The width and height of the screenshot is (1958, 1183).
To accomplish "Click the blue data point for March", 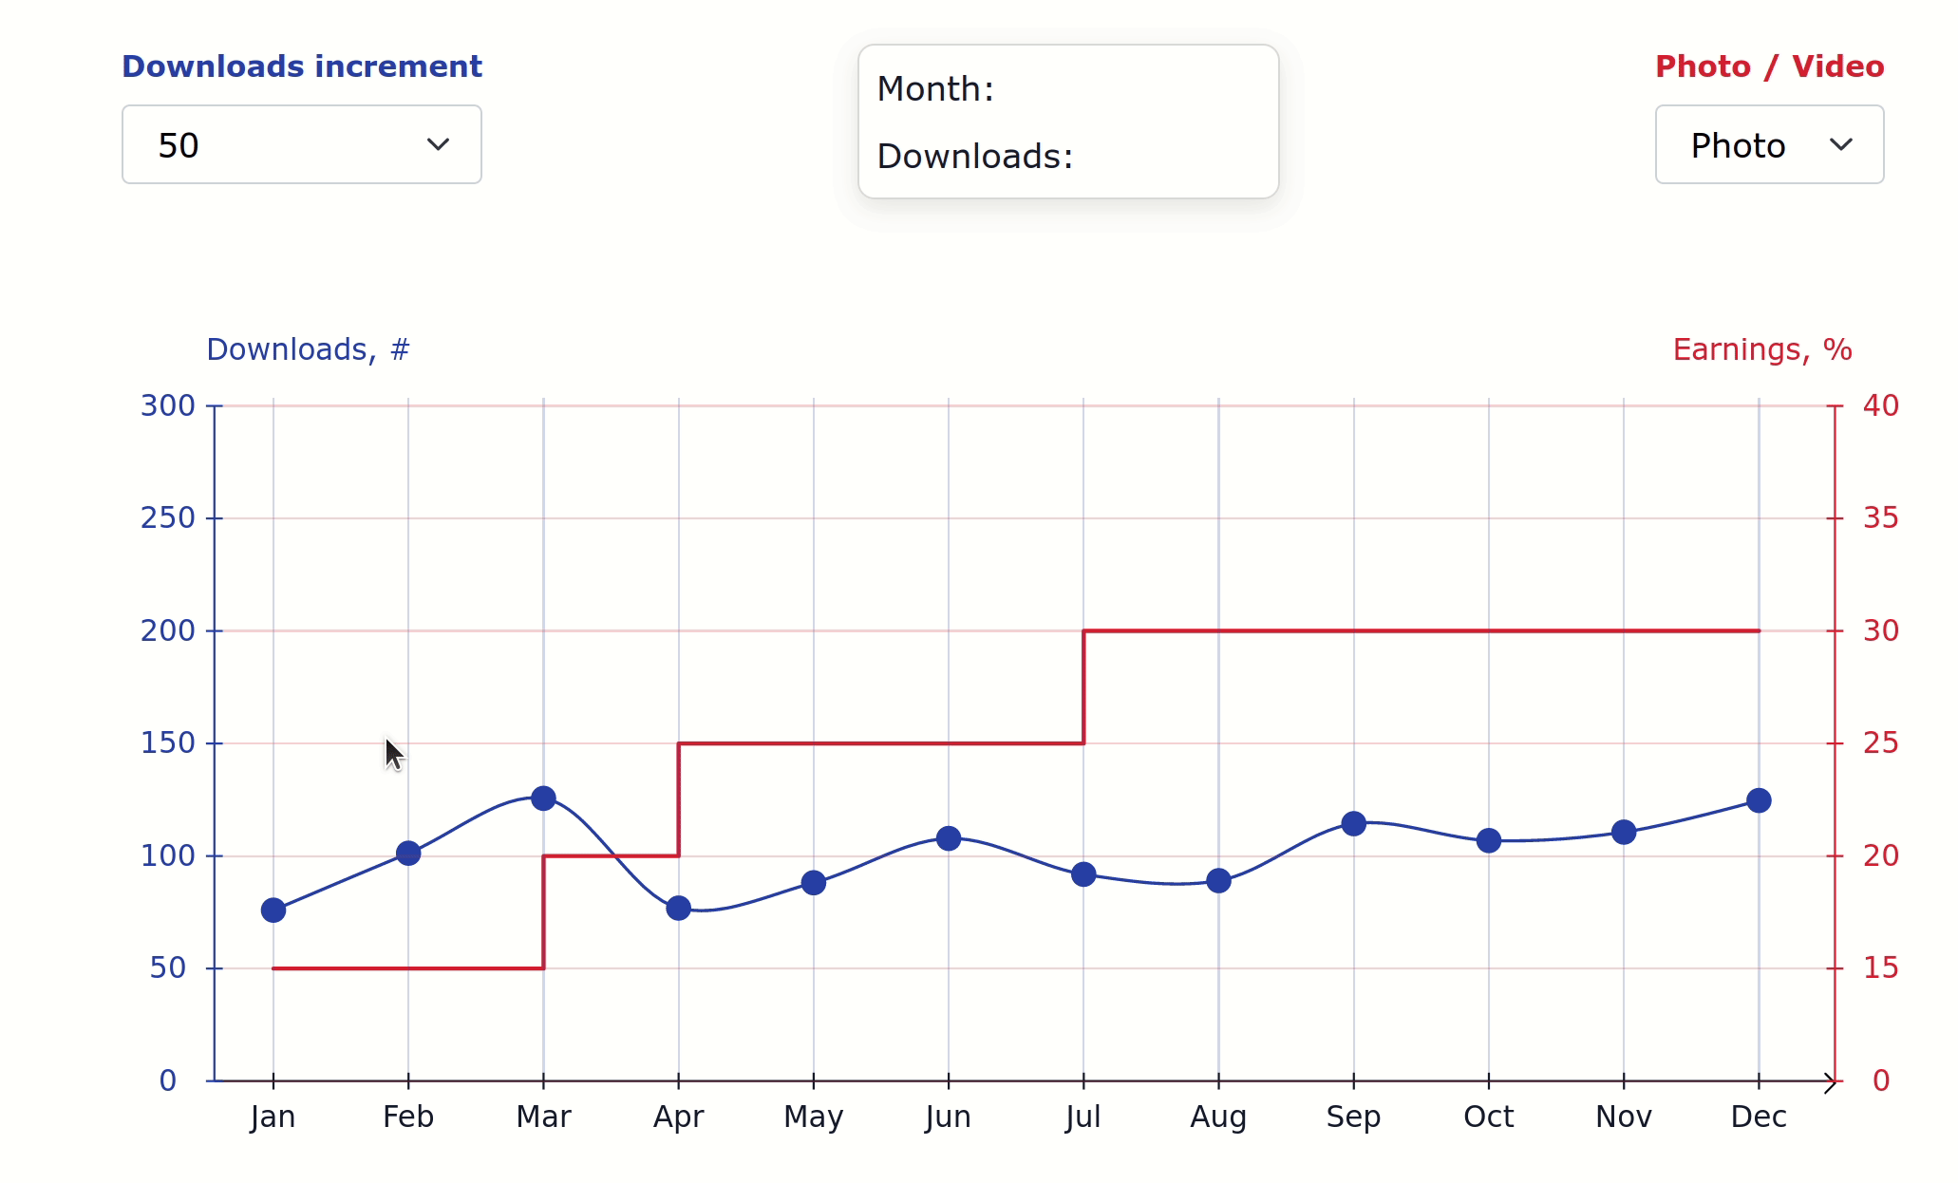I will click(543, 798).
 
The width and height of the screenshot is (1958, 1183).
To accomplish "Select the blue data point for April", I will click(678, 909).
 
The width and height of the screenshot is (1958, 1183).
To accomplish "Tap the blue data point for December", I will click(1759, 800).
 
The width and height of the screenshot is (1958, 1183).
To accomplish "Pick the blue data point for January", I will click(273, 911).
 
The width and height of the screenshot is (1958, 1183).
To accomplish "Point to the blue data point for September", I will click(1354, 824).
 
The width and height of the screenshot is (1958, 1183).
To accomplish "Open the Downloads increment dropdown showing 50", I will click(302, 144).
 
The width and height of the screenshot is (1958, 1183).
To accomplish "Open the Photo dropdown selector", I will click(1769, 144).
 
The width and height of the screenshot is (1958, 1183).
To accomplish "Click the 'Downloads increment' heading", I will click(302, 66).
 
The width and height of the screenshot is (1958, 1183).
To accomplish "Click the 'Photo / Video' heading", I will click(1769, 66).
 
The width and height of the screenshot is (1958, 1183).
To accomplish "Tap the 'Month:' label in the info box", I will click(935, 89).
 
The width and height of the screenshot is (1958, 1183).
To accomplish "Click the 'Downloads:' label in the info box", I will click(975, 157).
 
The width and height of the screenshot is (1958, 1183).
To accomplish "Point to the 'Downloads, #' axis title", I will click(308, 349).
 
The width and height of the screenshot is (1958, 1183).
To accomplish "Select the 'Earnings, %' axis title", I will click(1761, 349).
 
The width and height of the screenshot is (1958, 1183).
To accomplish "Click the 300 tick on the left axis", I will click(168, 406).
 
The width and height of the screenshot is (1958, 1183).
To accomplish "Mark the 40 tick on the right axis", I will click(1880, 406).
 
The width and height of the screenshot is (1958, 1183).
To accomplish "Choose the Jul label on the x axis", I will click(1083, 1117).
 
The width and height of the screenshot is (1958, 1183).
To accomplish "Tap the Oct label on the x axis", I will click(1488, 1117).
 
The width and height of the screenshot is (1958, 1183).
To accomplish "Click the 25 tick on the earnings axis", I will click(1880, 743).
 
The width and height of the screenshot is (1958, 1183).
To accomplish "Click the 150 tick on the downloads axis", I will click(168, 743).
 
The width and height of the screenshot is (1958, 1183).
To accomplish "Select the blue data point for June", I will click(949, 838).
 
